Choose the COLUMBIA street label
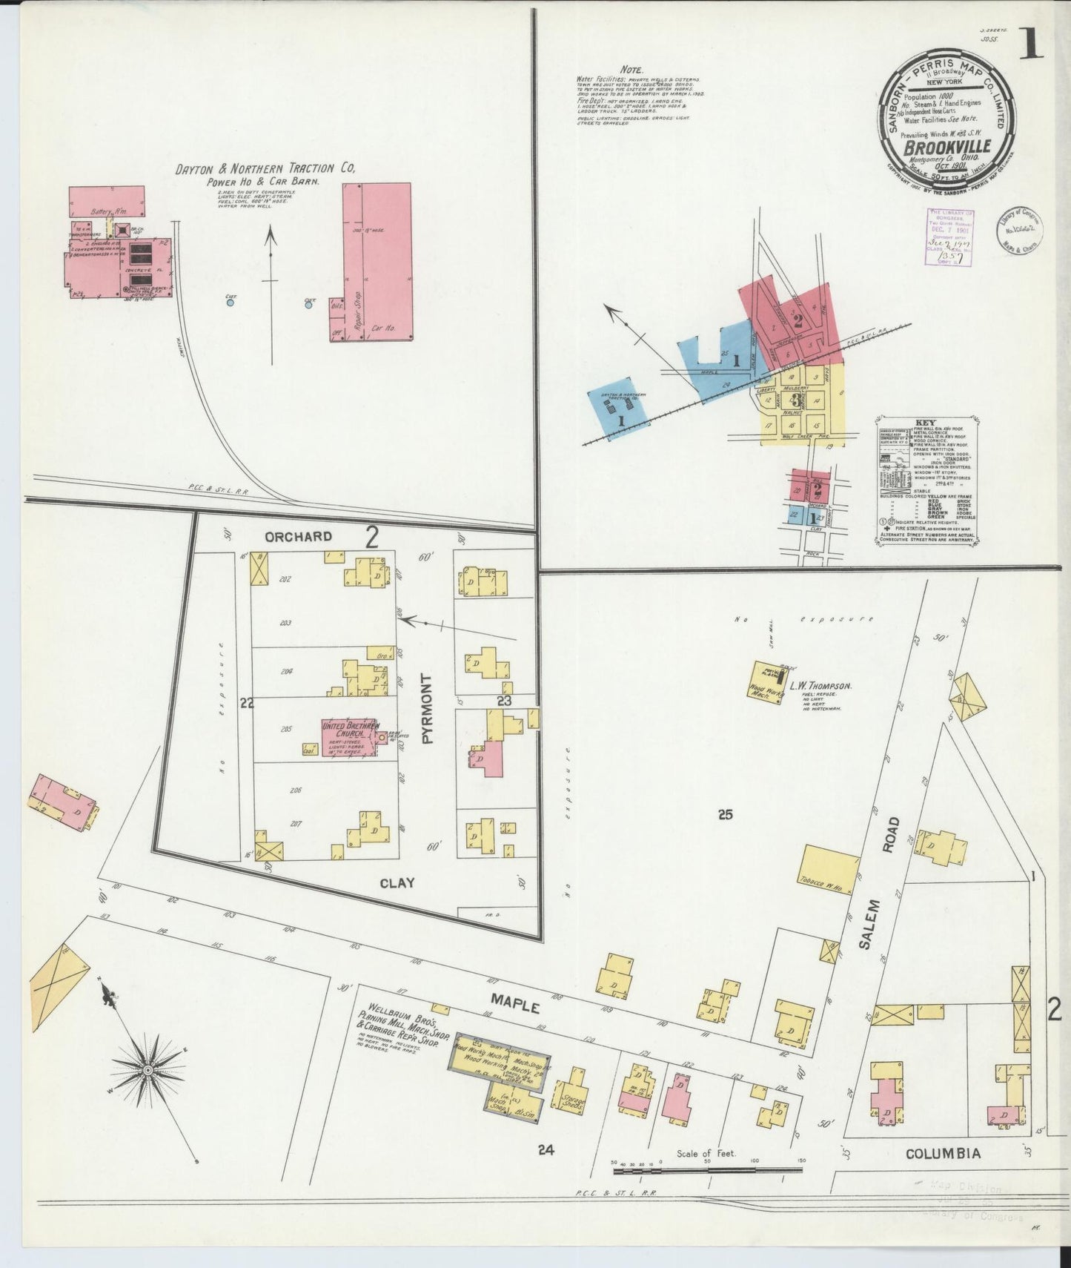click(x=944, y=1174)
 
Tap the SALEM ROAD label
click(x=881, y=867)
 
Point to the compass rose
click(x=148, y=1070)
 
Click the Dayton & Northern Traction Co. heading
click(x=265, y=170)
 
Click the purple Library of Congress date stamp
click(x=952, y=238)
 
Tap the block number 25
click(x=724, y=815)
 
